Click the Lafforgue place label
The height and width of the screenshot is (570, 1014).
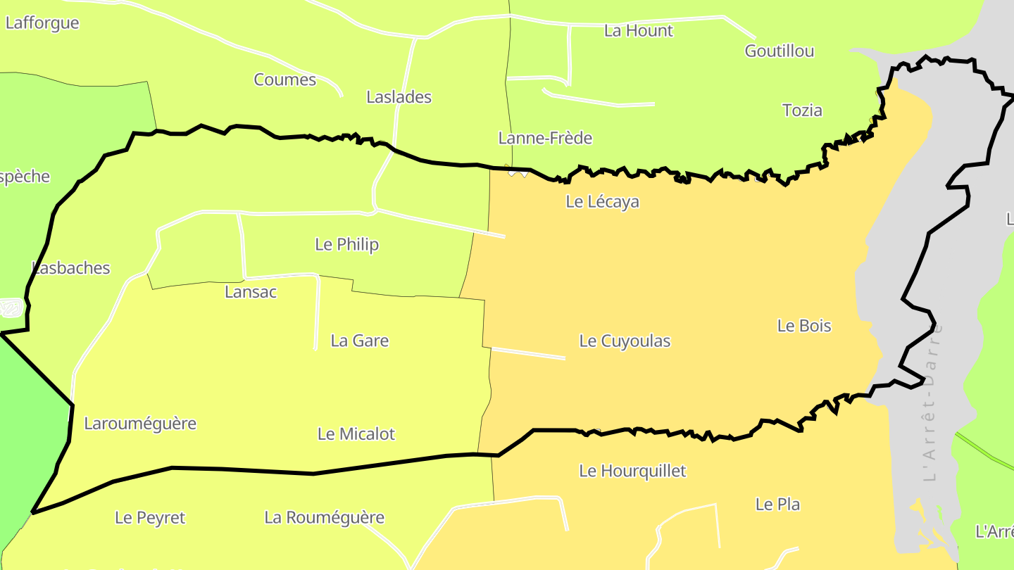pos(42,23)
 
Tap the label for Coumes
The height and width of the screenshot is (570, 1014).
pos(285,80)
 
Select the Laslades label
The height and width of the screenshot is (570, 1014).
pos(399,97)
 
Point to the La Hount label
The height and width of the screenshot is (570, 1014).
pos(639,30)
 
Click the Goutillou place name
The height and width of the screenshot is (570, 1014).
pos(780,51)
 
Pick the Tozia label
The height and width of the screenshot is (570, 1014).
pos(802,110)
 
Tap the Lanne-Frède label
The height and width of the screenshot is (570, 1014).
pos(545,138)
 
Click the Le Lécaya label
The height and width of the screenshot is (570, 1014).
pos(602,201)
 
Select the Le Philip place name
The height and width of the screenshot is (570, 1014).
pos(346,244)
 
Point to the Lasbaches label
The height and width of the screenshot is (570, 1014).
pos(71,267)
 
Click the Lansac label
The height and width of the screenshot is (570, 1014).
pos(251,291)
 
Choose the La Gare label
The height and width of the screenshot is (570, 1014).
pos(360,341)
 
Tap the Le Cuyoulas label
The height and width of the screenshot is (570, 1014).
pos(625,341)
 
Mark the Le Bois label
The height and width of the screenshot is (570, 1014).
pos(804,326)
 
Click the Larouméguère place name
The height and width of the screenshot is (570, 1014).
pos(140,424)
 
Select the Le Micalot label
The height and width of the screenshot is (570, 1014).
pos(356,434)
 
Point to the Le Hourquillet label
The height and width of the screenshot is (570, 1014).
pos(632,471)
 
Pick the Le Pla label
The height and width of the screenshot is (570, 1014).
pos(777,504)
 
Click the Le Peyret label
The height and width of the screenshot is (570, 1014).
pos(150,518)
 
